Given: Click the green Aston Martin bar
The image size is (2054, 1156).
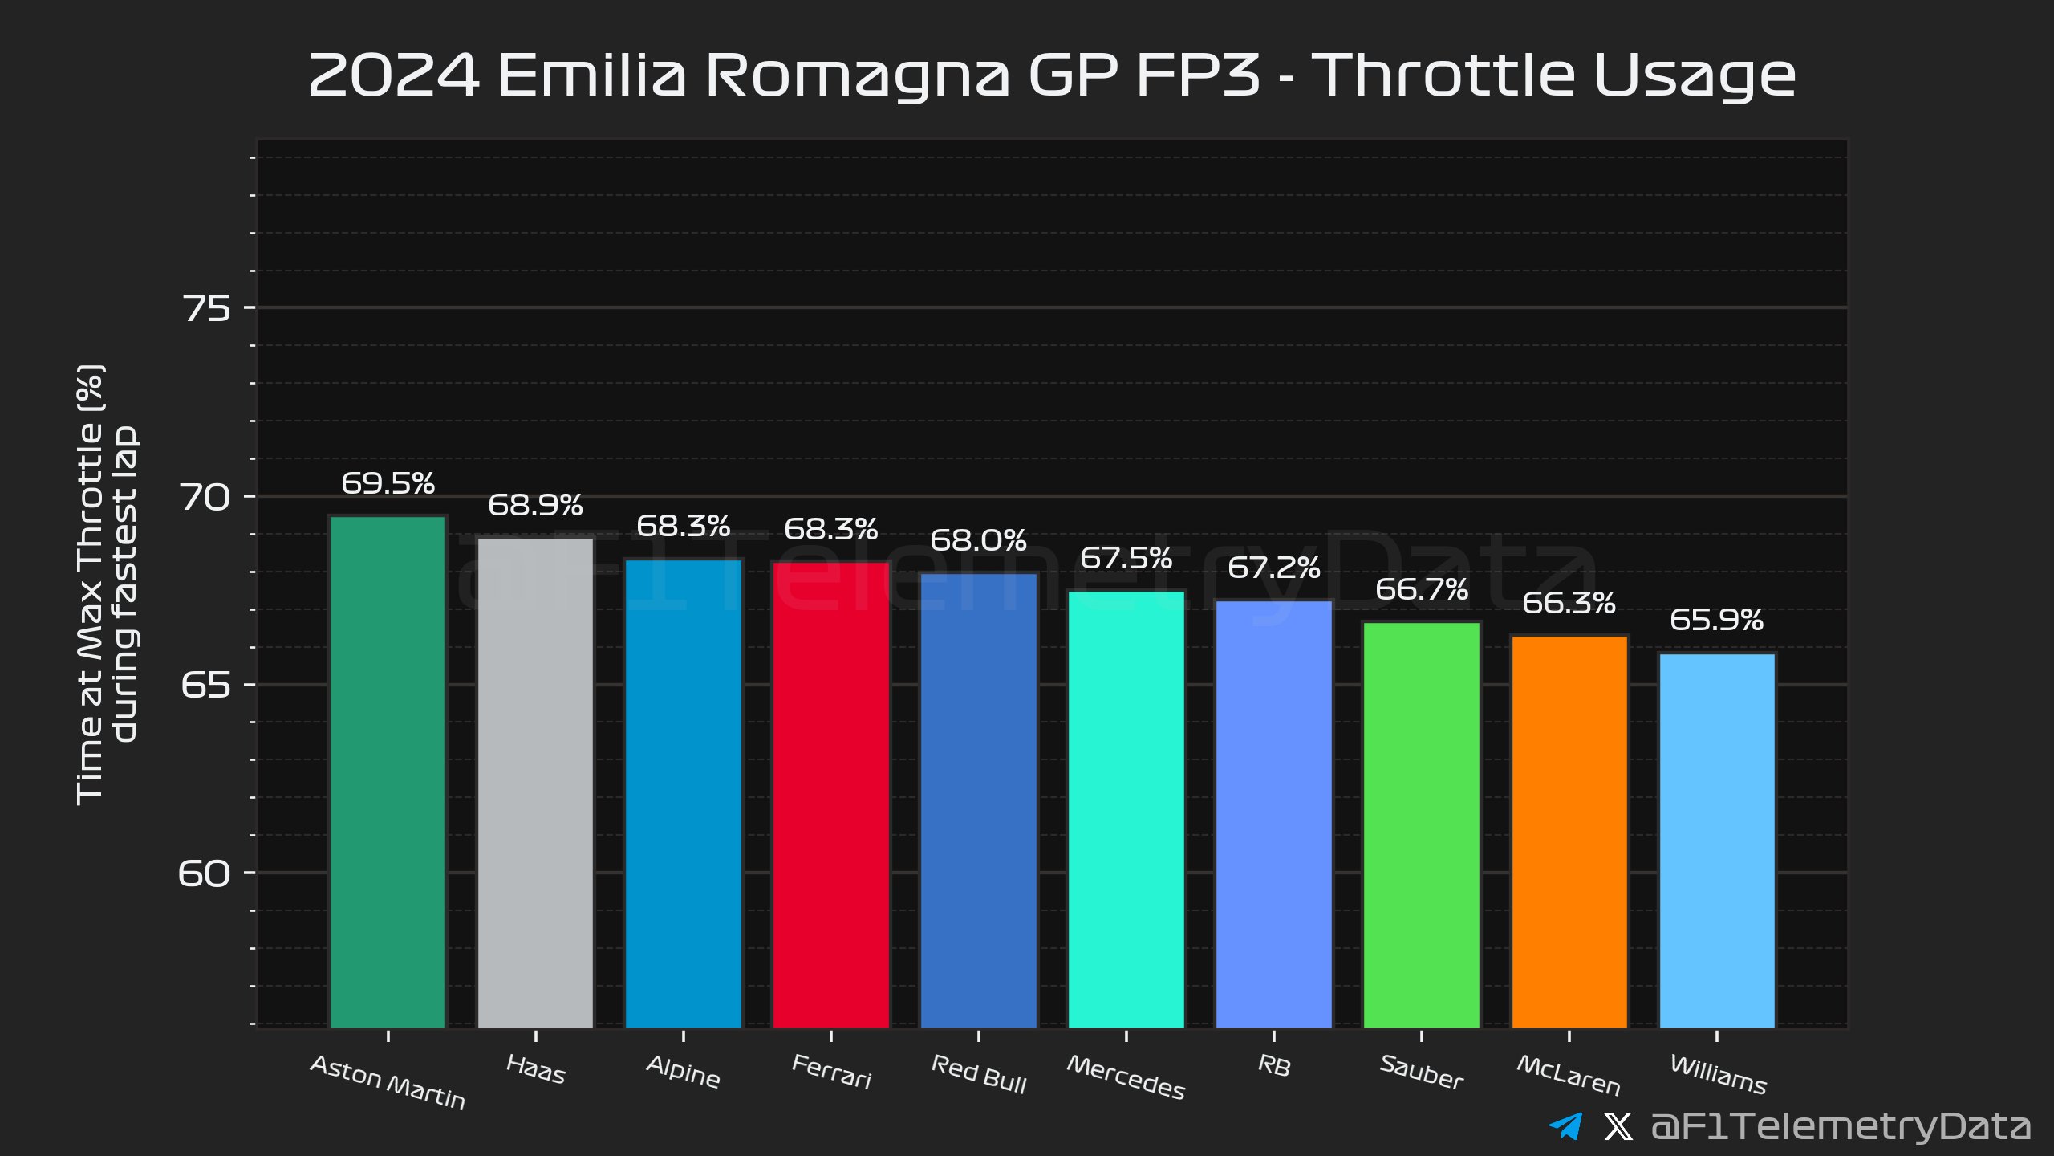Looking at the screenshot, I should click(x=388, y=771).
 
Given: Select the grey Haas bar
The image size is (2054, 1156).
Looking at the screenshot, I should click(x=535, y=783).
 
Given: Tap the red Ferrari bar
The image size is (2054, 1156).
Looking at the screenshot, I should click(x=830, y=795).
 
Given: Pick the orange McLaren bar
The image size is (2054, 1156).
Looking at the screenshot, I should click(x=1569, y=831).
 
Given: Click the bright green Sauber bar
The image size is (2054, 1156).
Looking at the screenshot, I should click(x=1422, y=824).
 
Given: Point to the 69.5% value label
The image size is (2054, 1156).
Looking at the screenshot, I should click(x=388, y=483).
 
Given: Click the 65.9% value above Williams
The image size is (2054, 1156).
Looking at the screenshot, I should click(x=1716, y=620).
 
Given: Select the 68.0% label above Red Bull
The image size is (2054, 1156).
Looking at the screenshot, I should click(x=978, y=540).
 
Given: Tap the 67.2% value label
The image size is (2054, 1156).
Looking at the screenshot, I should click(x=1273, y=568).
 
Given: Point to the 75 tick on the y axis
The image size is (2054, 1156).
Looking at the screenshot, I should click(x=206, y=308).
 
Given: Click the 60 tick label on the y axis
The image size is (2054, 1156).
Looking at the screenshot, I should click(x=204, y=873).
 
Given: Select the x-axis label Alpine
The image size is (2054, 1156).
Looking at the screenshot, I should click(x=683, y=1073).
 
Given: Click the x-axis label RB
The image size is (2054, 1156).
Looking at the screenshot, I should click(x=1274, y=1066).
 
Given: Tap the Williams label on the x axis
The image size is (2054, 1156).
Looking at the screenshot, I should click(x=1718, y=1075).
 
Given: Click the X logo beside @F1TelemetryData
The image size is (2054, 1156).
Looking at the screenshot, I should click(x=1618, y=1126).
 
